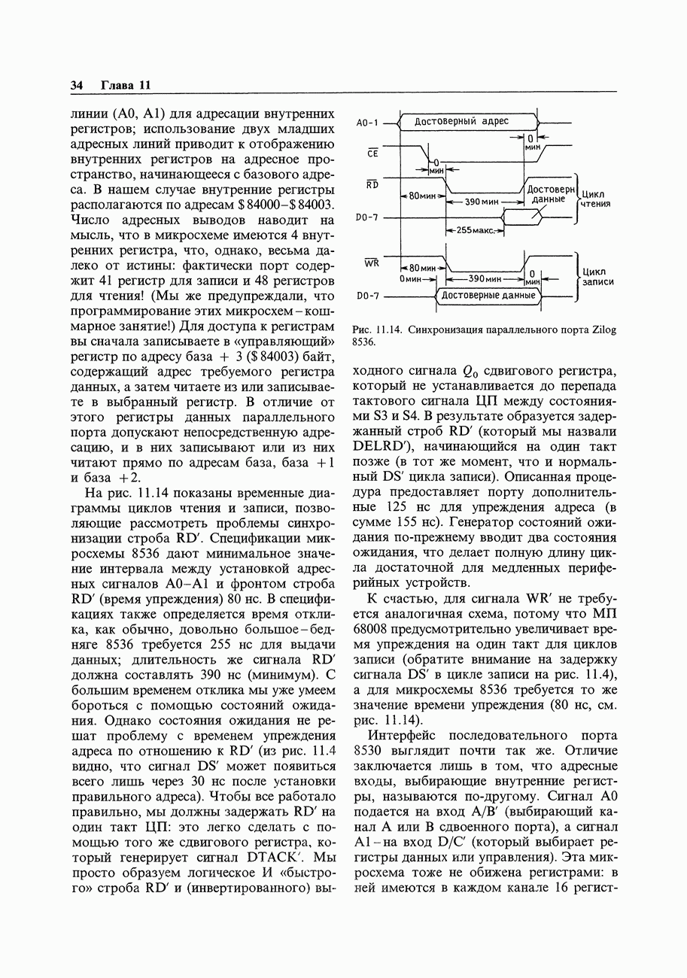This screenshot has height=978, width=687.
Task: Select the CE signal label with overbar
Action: click(371, 153)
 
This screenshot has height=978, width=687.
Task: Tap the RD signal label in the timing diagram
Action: click(372, 184)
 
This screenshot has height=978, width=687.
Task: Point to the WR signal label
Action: click(372, 263)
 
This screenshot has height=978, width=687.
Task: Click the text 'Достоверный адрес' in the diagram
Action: click(462, 121)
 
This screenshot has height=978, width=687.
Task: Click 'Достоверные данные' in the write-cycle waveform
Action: click(488, 296)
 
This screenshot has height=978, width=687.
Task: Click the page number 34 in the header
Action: click(77, 86)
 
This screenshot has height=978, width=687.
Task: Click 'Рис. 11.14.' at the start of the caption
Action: click(374, 330)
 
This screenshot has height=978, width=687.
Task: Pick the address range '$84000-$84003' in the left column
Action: click(286, 205)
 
